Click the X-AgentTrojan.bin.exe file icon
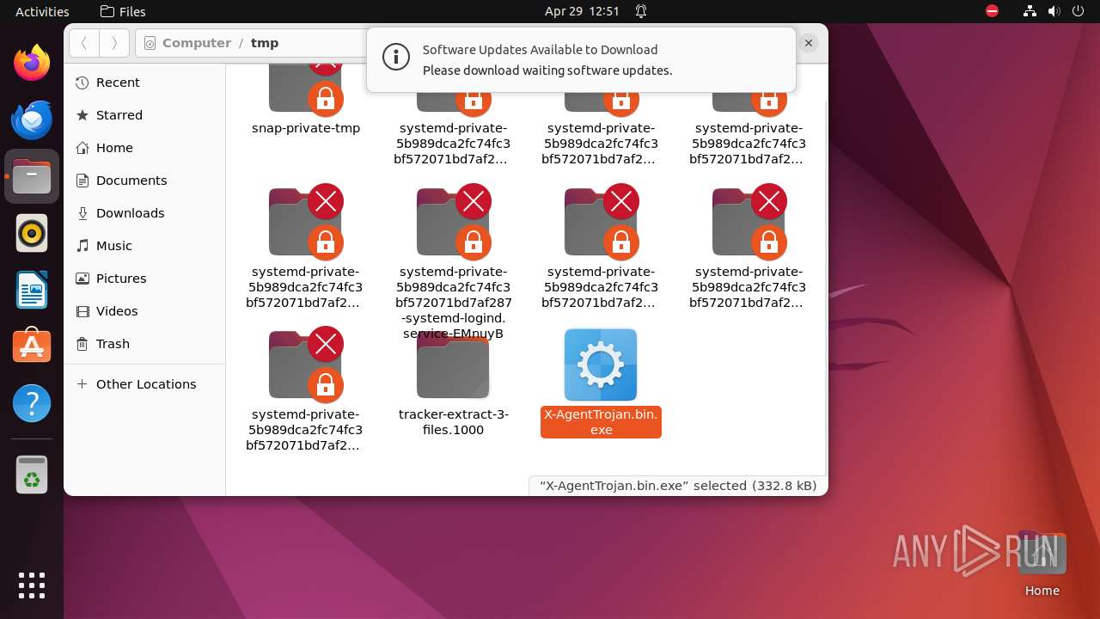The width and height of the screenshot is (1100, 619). (x=600, y=365)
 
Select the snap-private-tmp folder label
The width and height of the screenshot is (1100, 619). (x=305, y=128)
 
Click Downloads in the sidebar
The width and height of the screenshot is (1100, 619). (x=130, y=213)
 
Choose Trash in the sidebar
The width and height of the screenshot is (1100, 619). (x=113, y=344)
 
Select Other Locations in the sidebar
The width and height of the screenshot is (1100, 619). (x=145, y=384)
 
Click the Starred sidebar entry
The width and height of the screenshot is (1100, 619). (x=119, y=115)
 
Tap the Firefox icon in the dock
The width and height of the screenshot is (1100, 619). (x=32, y=63)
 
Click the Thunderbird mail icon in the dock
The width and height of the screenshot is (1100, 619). (x=32, y=120)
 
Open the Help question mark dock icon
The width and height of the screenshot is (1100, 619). (x=32, y=403)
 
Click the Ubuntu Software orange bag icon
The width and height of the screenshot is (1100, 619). (x=32, y=346)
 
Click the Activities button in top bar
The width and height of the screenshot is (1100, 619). (x=42, y=11)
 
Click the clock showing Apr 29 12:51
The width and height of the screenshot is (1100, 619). (x=582, y=11)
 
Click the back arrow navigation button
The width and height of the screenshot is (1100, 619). (x=84, y=43)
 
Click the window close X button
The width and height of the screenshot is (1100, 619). (x=808, y=43)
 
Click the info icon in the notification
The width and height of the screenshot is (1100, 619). (x=395, y=58)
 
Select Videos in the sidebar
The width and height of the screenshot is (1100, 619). (x=116, y=311)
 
